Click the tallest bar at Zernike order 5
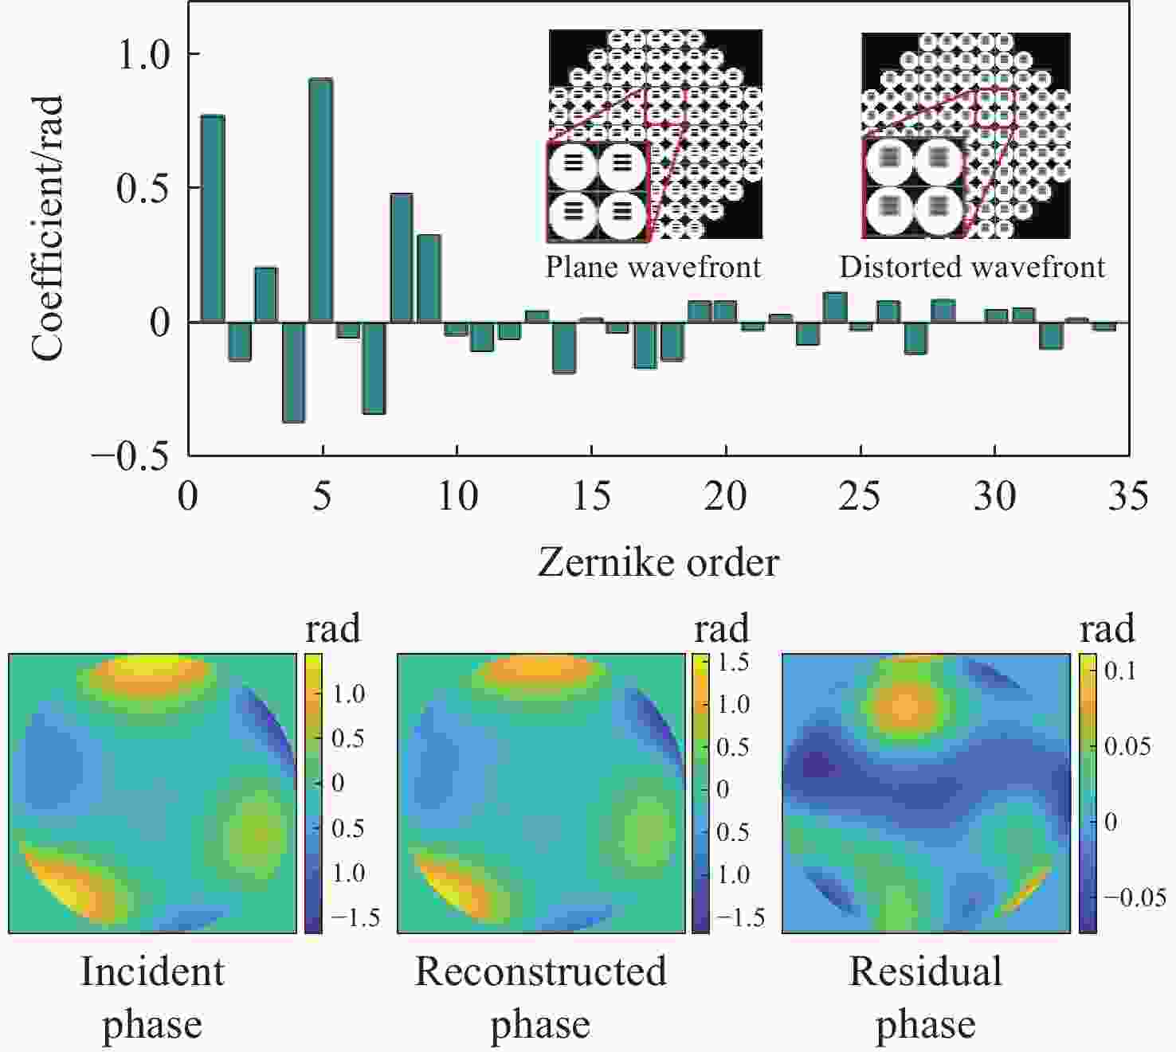coord(321,199)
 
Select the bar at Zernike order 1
coord(213,218)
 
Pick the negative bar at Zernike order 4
coord(294,372)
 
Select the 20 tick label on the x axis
coord(725,497)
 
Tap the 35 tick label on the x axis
coord(1128,497)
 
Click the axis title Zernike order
coord(658,563)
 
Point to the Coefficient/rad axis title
coord(48,228)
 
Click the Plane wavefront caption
coord(653,267)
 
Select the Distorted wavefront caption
coord(972,267)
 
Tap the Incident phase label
coord(152,997)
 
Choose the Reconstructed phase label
coord(540,997)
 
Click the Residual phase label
coord(926,997)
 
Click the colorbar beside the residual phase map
coord(1088,793)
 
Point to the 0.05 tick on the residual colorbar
coord(1127,746)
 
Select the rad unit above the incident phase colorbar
coord(333,629)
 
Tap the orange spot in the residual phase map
coord(905,706)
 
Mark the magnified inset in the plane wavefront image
coord(598,191)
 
